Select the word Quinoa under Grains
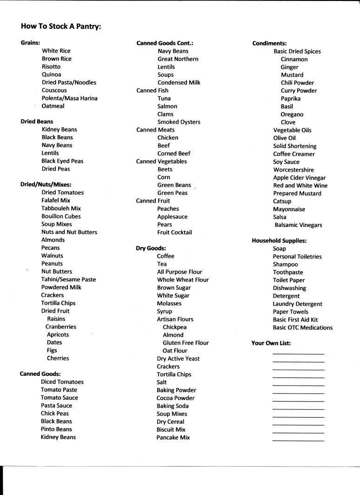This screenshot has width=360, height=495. tap(51, 74)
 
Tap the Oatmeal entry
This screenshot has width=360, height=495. tap(53, 106)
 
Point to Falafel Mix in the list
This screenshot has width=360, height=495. tap(56, 201)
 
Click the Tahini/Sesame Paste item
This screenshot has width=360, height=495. tap(68, 279)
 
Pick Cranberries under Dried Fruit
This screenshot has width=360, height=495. tap(61, 327)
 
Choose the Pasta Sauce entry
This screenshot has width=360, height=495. tap(56, 406)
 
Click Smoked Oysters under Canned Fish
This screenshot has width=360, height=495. tap(179, 122)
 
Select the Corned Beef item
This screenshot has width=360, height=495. tap(174, 154)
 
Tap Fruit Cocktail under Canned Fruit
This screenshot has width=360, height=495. tap(174, 232)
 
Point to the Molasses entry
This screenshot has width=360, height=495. tap(169, 303)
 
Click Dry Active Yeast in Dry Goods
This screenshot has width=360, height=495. tap(179, 359)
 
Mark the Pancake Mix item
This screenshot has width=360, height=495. tap(173, 438)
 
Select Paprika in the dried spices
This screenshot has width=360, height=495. tap(291, 99)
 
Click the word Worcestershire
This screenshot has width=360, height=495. tap(293, 170)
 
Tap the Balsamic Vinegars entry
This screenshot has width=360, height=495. tap(298, 225)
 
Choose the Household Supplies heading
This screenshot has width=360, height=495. tap(279, 241)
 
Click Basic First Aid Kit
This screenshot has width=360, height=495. tap(295, 320)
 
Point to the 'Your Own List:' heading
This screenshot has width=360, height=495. tap(271, 343)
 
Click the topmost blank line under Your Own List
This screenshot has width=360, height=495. tap(298, 354)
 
